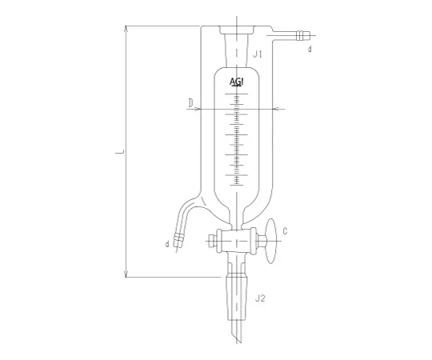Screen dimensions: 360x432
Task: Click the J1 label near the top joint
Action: pyautogui.click(x=258, y=54)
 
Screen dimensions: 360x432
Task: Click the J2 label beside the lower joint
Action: pyautogui.click(x=260, y=298)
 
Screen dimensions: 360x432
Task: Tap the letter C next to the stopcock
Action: pyautogui.click(x=286, y=232)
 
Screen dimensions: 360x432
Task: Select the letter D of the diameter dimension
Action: pyautogui.click(x=190, y=102)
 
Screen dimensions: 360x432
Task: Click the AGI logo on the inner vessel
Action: pyautogui.click(x=238, y=82)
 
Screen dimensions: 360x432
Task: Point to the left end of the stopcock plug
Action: pyautogui.click(x=210, y=238)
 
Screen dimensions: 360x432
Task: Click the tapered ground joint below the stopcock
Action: pyautogui.click(x=238, y=288)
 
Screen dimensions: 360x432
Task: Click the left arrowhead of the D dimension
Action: pyautogui.click(x=200, y=109)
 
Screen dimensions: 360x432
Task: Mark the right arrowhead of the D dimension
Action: pyautogui.click(x=274, y=109)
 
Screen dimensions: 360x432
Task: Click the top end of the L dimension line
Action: pyautogui.click(x=126, y=26)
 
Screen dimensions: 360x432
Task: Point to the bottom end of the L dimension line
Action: pyautogui.click(x=126, y=277)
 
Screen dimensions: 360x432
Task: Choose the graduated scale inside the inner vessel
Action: pyautogui.click(x=238, y=136)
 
